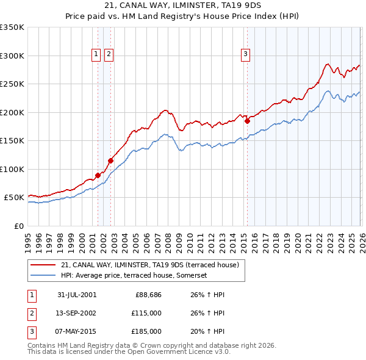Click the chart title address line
tap(182, 7)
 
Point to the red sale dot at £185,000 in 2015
tap(247, 121)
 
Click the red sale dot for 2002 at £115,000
tap(111, 161)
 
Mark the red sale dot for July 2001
tap(98, 176)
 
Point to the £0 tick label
tap(18, 226)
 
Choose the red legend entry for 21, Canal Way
tap(152, 265)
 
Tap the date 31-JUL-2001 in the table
tap(76, 295)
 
